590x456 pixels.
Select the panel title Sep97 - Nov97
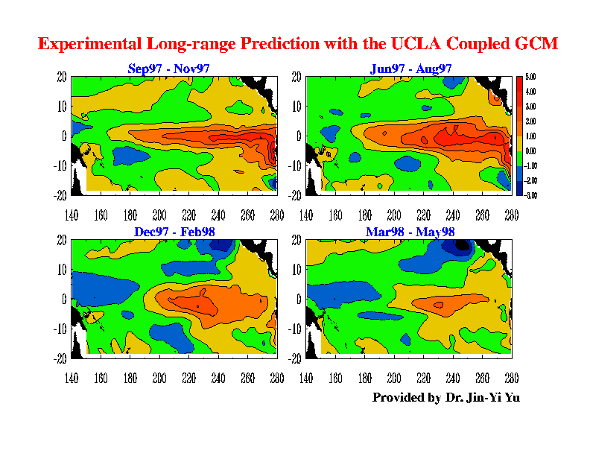point(168,69)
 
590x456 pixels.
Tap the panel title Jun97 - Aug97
point(410,69)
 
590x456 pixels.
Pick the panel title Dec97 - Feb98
point(176,232)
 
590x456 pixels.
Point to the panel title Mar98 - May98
point(410,232)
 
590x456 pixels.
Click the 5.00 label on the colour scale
point(531,77)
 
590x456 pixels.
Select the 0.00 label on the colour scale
point(531,151)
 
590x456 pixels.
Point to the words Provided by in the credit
point(406,397)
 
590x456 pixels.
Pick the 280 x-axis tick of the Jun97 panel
point(511,215)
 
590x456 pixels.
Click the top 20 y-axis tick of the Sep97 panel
point(63,76)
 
